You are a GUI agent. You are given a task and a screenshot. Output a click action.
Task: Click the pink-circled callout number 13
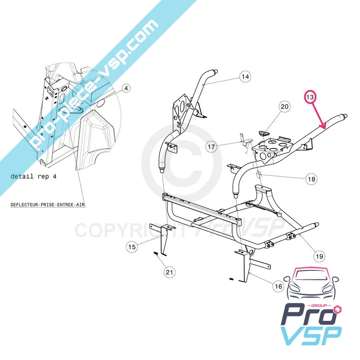(310, 97)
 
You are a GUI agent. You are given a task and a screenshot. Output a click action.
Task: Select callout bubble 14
(245, 76)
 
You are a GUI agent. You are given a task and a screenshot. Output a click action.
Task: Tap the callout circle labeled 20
(284, 107)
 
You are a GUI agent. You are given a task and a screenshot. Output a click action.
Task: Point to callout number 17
(211, 147)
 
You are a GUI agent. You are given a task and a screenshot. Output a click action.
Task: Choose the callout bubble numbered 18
(311, 179)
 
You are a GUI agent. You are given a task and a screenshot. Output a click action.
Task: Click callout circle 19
(319, 256)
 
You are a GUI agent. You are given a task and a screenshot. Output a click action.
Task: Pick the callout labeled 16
(278, 286)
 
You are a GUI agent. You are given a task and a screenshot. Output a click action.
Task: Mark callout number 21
(169, 272)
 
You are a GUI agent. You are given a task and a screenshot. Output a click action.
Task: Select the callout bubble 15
(132, 247)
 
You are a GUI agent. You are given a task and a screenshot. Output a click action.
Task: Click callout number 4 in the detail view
(126, 88)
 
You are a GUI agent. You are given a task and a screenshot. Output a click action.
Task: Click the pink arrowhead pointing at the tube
(323, 126)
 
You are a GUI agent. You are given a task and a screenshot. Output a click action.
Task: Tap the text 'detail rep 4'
(33, 176)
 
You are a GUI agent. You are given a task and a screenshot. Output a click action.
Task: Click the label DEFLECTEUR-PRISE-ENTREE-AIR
(48, 205)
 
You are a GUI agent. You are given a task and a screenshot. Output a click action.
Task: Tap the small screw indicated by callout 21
(156, 253)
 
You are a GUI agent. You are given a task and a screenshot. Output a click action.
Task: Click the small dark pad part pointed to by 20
(264, 133)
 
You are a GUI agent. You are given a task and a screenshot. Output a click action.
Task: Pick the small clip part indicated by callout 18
(259, 175)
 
